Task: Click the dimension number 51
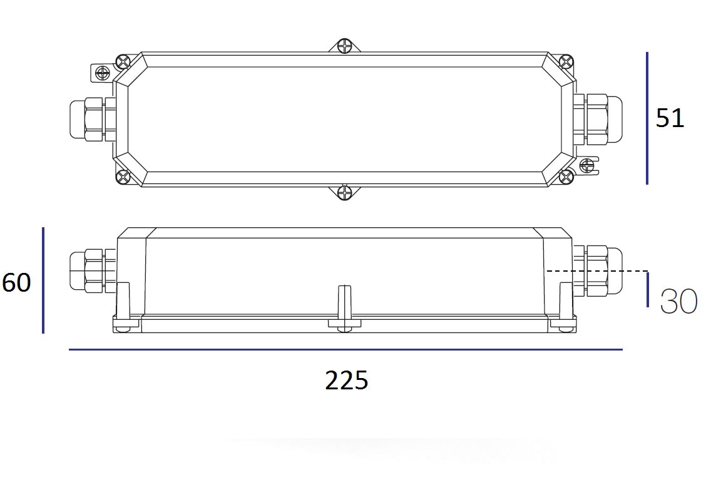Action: [670, 118]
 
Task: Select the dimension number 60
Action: [16, 283]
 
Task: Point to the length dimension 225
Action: [346, 381]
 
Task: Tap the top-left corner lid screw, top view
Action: [123, 62]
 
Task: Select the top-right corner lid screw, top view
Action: [566, 61]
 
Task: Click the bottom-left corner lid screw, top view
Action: [123, 177]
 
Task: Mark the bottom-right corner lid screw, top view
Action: [566, 177]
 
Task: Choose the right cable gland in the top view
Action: [598, 117]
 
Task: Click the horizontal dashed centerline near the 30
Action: [595, 271]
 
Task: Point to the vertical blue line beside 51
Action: [647, 118]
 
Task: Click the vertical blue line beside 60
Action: [43, 280]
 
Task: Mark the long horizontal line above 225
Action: [345, 349]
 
